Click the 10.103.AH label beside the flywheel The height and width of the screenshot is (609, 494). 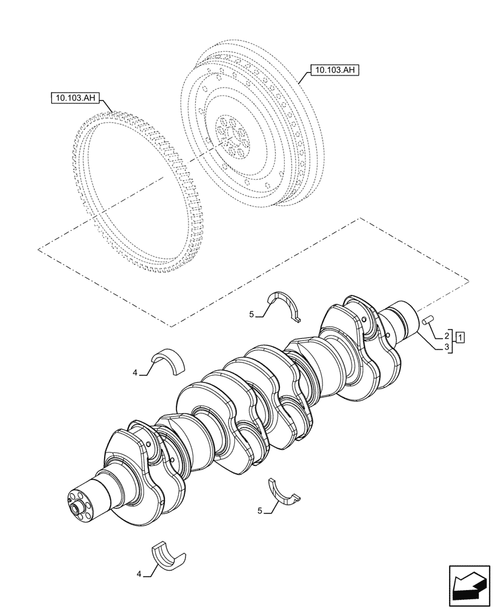(335, 70)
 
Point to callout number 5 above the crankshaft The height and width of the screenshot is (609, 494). (251, 314)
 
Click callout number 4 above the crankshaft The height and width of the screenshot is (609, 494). (135, 372)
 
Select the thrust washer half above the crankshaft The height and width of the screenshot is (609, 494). (287, 304)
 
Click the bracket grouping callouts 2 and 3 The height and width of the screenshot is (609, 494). (453, 342)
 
